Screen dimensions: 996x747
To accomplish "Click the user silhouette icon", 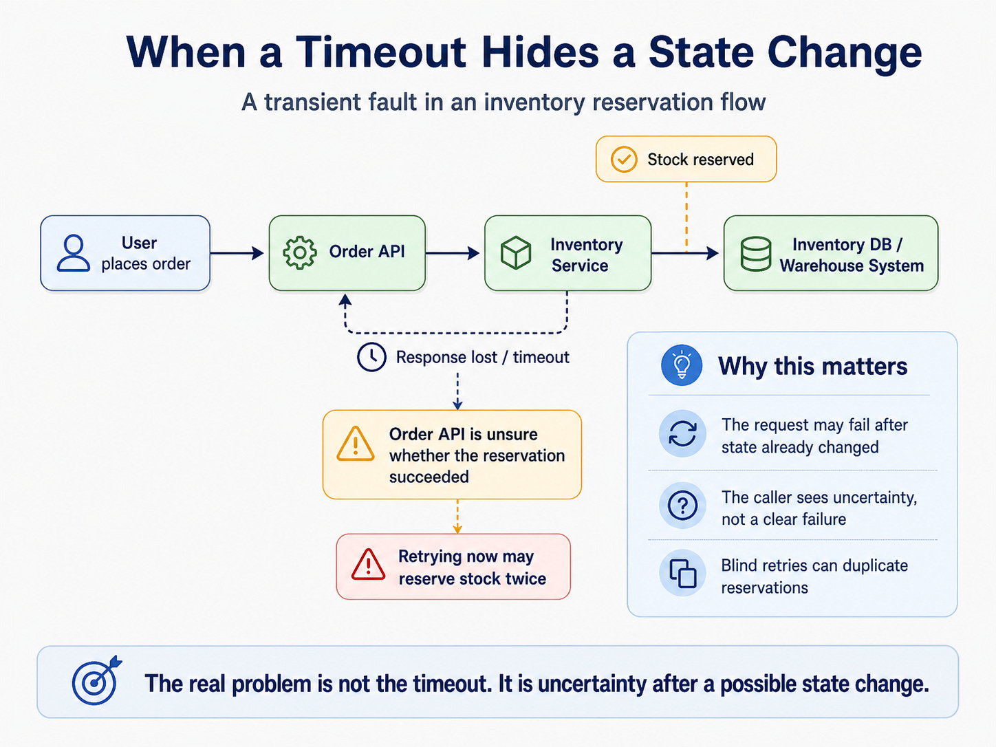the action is click(73, 252).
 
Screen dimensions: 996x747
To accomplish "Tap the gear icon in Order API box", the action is click(299, 252).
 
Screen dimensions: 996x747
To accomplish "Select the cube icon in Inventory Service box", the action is click(515, 252).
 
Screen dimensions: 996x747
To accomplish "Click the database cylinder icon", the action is click(755, 254).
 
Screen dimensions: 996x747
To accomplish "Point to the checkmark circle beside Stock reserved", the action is click(624, 159).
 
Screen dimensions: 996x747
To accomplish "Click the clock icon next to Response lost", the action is click(371, 357).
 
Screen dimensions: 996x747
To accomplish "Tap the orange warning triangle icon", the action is click(356, 444).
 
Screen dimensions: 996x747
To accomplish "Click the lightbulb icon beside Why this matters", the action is click(682, 365).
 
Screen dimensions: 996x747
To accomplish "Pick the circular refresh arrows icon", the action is click(682, 433).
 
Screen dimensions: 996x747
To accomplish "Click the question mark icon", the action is click(682, 506).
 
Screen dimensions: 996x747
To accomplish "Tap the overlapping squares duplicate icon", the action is click(682, 574).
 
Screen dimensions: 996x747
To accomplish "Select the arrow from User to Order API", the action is click(237, 253).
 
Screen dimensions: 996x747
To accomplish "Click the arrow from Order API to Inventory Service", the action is click(453, 253).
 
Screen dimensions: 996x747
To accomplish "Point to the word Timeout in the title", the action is click(380, 52).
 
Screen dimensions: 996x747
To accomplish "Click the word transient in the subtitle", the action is click(340, 102).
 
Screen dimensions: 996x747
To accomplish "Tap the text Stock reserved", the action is click(700, 160).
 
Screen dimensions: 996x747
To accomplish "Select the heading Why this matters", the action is click(812, 366).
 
